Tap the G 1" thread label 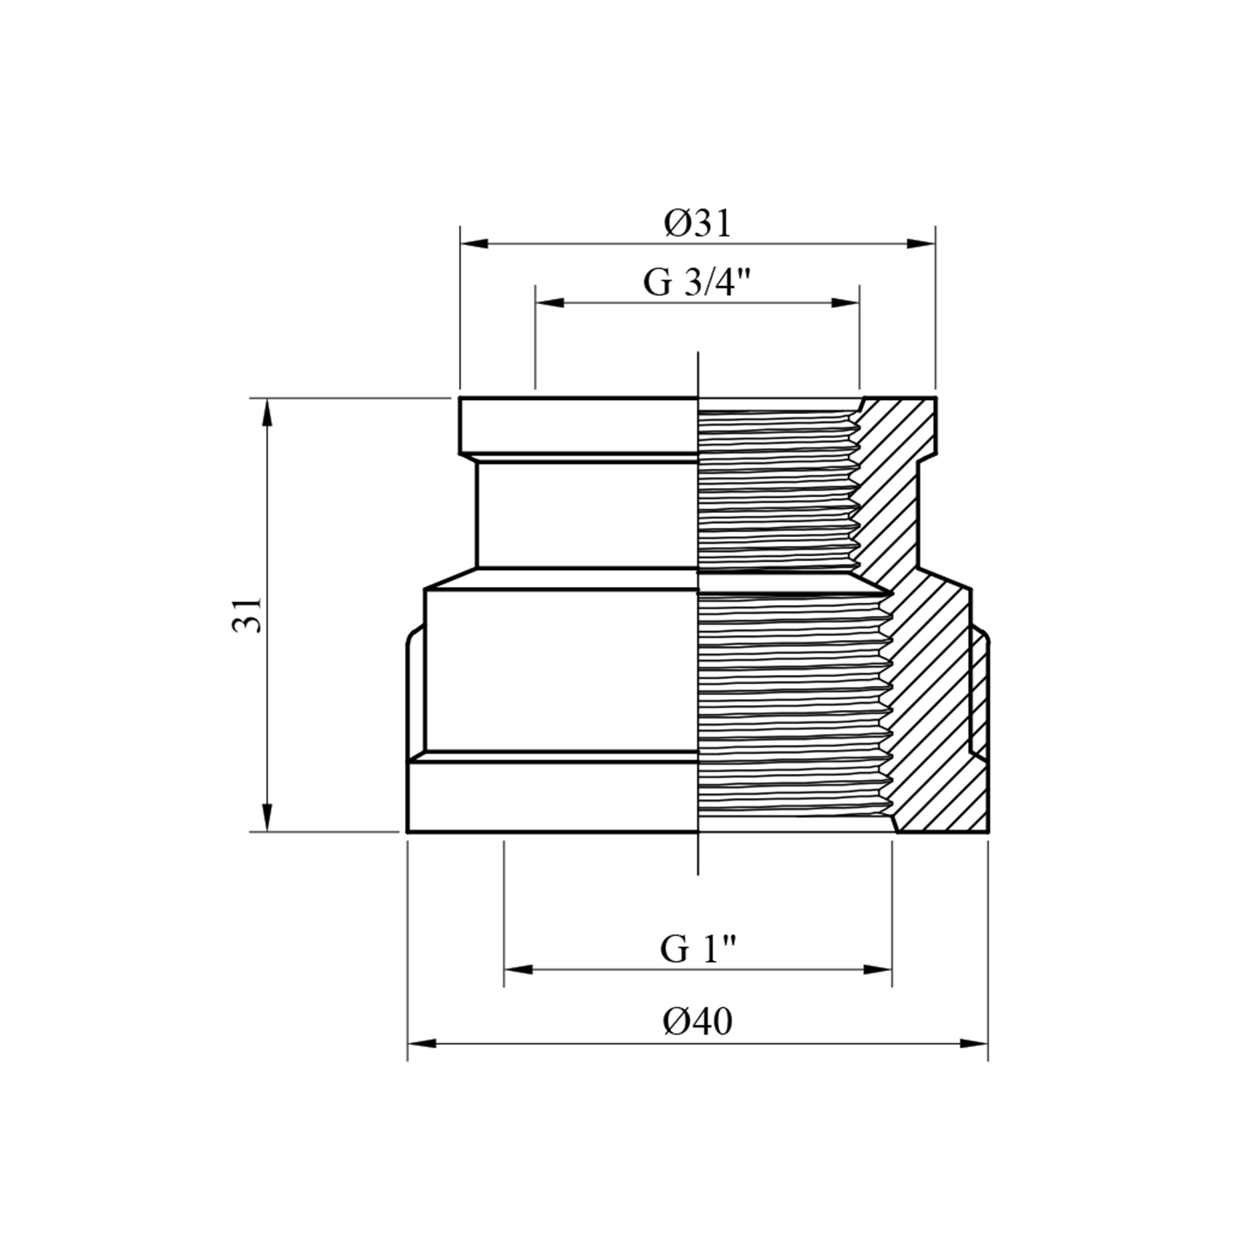(x=699, y=948)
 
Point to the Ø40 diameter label (x=697, y=1021)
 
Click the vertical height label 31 (x=247, y=615)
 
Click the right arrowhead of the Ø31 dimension (x=922, y=244)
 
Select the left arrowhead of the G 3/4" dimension (x=550, y=303)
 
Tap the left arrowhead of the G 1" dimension (x=518, y=969)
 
